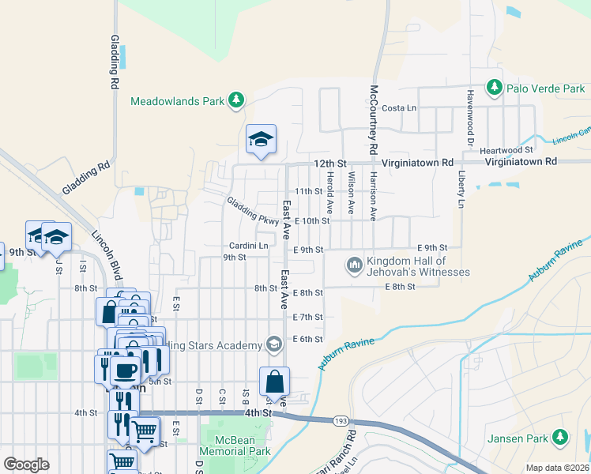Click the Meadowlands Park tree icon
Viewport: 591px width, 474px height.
click(x=235, y=100)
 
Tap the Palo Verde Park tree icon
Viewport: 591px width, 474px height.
click(x=495, y=87)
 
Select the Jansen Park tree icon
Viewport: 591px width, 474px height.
click(x=560, y=436)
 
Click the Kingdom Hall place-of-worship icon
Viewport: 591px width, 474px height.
click(x=354, y=264)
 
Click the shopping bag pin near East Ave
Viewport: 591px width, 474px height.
click(x=274, y=382)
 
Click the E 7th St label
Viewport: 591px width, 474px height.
click(x=307, y=317)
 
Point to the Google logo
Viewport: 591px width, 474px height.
click(x=26, y=465)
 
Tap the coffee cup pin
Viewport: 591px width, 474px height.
click(x=128, y=369)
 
